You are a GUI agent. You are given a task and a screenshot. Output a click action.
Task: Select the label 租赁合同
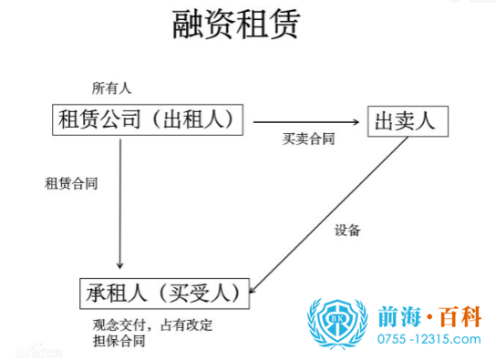click(71, 182)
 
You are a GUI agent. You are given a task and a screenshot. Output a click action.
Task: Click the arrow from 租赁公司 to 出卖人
click(306, 120)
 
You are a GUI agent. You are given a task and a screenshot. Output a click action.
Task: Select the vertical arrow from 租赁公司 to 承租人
click(120, 205)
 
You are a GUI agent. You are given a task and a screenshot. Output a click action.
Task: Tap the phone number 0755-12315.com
click(429, 340)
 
